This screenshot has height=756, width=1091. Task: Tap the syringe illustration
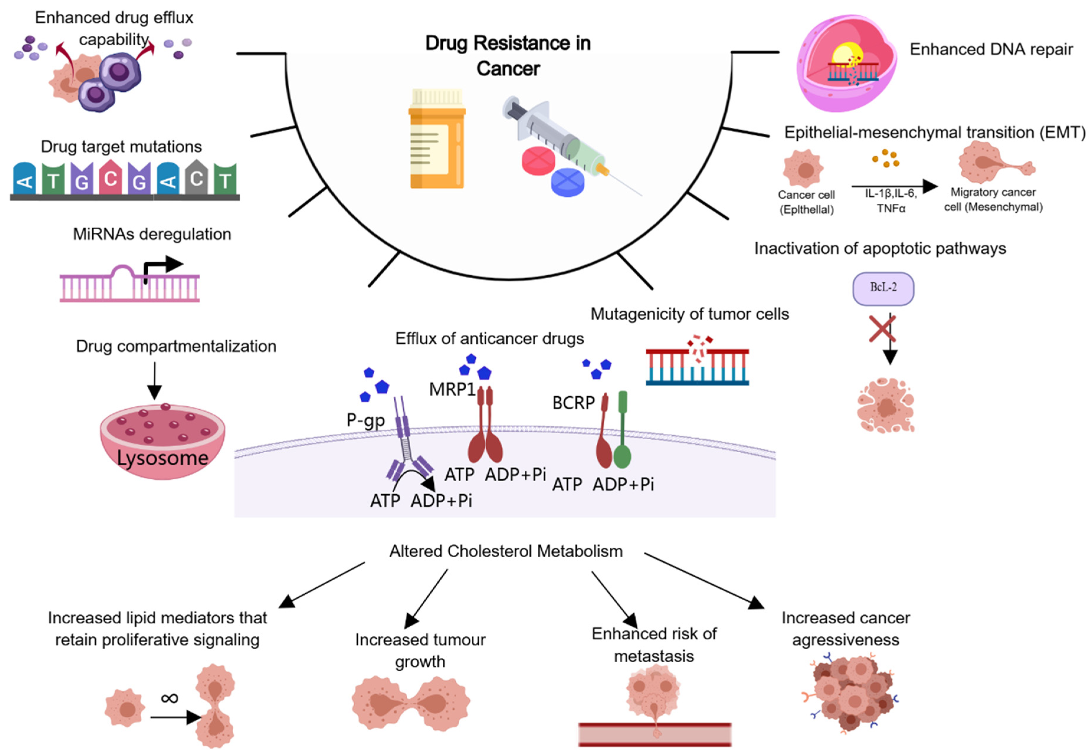(x=568, y=142)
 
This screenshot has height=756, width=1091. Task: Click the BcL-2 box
(x=883, y=288)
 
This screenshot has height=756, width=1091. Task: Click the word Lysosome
(x=163, y=458)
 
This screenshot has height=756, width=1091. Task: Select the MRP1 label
(x=452, y=389)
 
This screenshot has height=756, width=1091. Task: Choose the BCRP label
(x=573, y=403)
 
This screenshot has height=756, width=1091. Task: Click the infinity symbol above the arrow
(x=170, y=698)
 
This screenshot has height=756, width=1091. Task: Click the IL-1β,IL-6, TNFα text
(x=891, y=200)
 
